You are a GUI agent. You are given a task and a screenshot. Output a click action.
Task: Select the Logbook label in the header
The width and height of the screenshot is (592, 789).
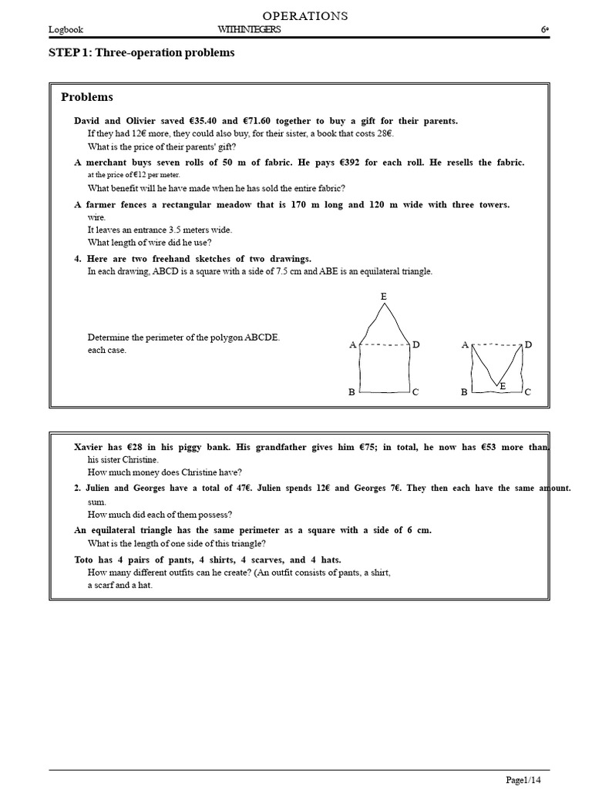[x=66, y=30]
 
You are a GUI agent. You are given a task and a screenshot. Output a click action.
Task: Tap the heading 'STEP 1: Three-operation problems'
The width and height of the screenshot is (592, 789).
[x=142, y=52]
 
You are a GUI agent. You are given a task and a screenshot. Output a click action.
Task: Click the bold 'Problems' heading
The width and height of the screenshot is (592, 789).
[x=87, y=97]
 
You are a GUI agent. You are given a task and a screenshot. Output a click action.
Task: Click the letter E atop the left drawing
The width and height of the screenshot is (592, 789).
[x=383, y=297]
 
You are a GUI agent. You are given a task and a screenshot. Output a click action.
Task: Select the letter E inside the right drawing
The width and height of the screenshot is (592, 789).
[x=503, y=385]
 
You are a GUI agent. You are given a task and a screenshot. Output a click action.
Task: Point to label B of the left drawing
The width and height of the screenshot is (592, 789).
[x=351, y=392]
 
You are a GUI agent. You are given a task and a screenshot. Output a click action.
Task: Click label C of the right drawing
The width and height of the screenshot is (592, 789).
[x=527, y=392]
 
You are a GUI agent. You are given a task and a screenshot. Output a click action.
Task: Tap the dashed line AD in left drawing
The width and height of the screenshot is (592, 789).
[x=383, y=345]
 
